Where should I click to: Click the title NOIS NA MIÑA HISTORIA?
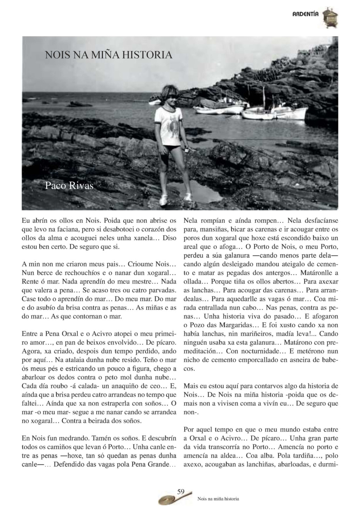109,55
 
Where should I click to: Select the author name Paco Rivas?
69,186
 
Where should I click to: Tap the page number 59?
181,492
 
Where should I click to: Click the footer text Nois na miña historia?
218,499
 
